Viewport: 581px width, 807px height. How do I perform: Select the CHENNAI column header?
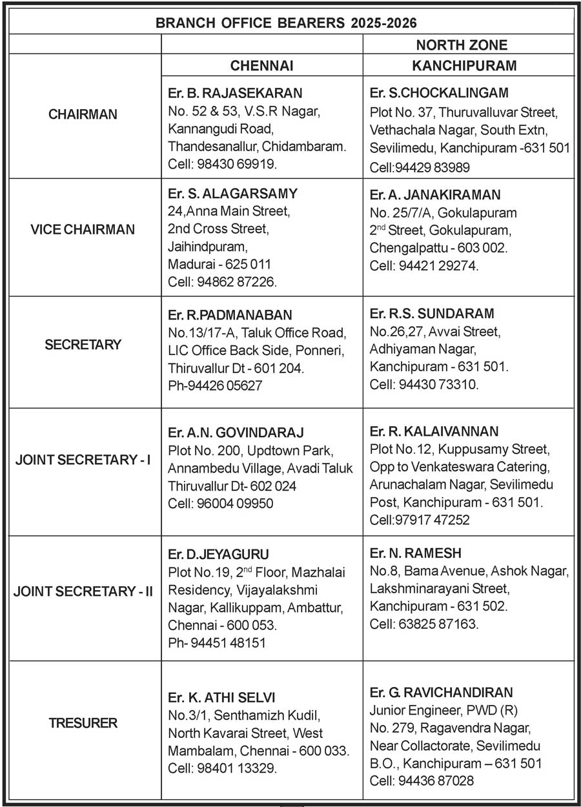point(262,66)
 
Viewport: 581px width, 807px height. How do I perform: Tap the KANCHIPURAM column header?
point(464,66)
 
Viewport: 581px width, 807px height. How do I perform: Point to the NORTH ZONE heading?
point(462,45)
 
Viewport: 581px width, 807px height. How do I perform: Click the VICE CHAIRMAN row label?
point(83,229)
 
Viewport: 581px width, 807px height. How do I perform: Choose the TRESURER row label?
point(83,722)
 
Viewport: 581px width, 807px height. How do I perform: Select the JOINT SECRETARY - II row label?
point(83,590)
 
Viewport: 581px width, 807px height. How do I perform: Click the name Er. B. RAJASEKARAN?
point(235,94)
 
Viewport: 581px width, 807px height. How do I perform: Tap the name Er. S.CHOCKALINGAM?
point(439,93)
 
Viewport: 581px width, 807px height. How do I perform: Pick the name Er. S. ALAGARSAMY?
point(232,194)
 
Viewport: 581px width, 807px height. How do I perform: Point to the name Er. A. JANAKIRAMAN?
point(435,194)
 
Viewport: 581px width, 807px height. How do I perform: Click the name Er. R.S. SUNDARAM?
point(432,314)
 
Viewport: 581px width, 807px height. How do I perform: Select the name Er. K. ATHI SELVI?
point(221,697)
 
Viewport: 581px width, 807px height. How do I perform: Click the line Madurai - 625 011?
point(219,264)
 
